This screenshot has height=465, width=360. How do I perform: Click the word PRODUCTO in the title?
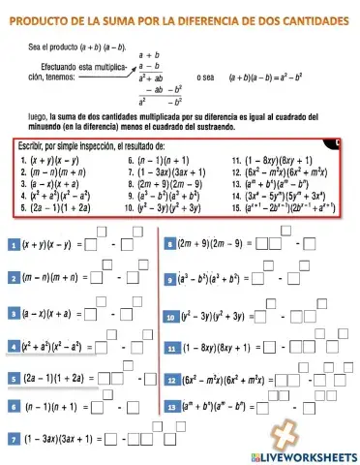point(41,19)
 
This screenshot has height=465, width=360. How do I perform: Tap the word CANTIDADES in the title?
point(307,19)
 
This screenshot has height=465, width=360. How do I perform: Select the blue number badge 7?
point(12,440)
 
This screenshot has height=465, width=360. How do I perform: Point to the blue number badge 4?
point(12,345)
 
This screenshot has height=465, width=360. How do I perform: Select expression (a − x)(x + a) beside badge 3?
point(49,314)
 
